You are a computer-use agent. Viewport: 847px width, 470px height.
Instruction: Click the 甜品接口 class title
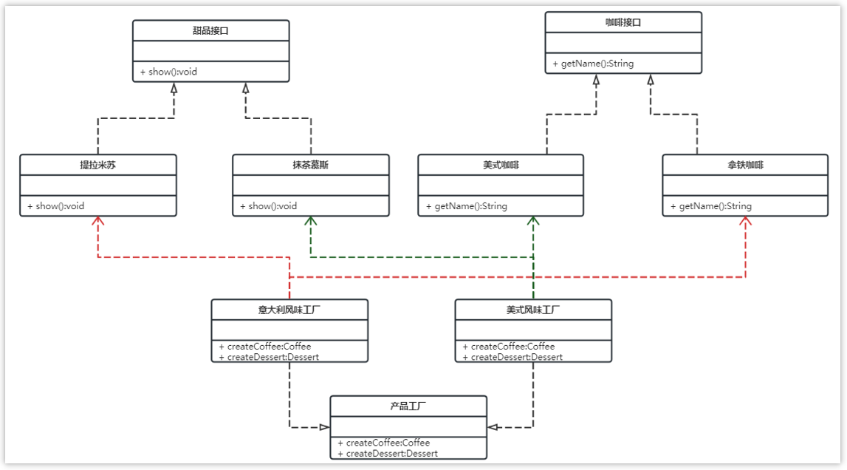(210, 30)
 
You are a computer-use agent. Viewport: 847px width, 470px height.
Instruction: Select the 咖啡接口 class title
(623, 22)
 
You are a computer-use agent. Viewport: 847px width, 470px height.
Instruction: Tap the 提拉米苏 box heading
(98, 165)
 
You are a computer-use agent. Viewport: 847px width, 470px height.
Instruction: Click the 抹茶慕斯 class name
(311, 165)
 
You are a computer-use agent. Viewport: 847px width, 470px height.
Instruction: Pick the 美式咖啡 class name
(501, 165)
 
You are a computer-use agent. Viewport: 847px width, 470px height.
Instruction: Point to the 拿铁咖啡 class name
(745, 165)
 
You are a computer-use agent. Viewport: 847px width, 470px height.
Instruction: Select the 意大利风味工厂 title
(289, 310)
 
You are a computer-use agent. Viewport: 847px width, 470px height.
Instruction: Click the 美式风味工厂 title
(533, 310)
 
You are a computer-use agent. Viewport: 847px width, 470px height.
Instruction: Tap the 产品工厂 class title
(408, 406)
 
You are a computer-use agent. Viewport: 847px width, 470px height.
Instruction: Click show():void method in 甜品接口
(169, 72)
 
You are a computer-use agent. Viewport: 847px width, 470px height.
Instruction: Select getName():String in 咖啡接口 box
(593, 64)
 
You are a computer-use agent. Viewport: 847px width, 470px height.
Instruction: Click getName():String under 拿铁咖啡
(711, 206)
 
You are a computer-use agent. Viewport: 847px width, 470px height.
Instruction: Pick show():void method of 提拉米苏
(56, 206)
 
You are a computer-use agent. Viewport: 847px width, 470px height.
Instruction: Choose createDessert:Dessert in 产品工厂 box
(388, 453)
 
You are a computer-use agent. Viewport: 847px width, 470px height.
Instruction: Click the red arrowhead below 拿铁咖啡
(745, 221)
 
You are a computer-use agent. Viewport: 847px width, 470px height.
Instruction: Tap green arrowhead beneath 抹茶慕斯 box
(311, 221)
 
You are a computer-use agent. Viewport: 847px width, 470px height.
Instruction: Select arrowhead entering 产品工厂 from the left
(324, 427)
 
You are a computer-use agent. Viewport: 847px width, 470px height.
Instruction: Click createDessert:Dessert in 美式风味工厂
(512, 357)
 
